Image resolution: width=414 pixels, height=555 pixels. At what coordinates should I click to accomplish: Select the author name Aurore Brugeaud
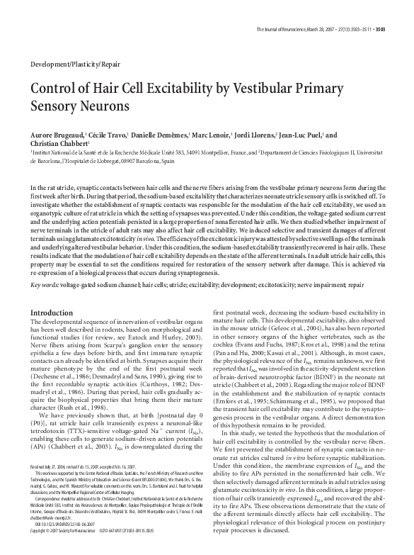[x=57, y=135]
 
